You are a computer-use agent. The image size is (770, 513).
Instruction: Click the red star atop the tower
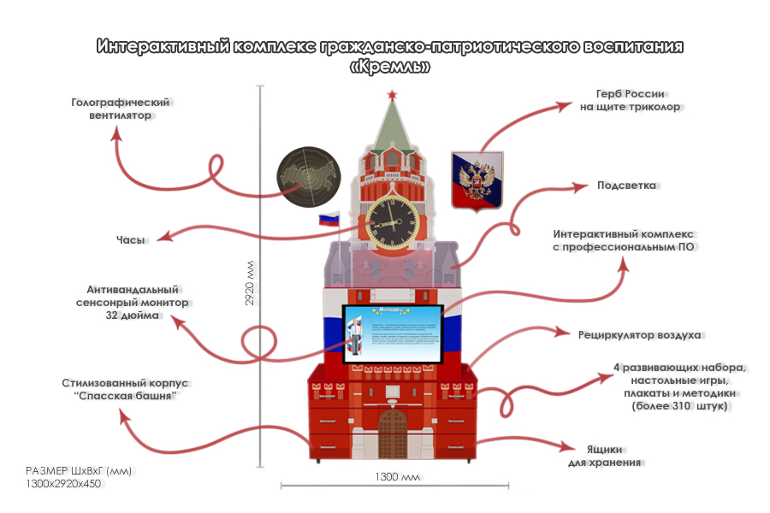[393, 92]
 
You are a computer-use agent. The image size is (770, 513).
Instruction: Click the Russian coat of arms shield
[477, 179]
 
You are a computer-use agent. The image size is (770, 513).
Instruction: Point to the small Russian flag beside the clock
[330, 220]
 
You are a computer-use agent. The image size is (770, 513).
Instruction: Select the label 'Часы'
[130, 239]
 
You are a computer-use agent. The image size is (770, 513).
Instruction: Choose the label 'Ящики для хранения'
[604, 456]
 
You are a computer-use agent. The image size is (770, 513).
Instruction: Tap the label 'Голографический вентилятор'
[120, 109]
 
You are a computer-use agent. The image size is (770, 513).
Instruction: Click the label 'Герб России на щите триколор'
[631, 100]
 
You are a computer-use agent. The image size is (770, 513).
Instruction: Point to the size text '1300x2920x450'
[64, 484]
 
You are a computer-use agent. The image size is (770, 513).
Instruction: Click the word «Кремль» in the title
[390, 66]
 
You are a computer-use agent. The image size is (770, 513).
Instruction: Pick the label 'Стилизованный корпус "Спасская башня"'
[125, 390]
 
